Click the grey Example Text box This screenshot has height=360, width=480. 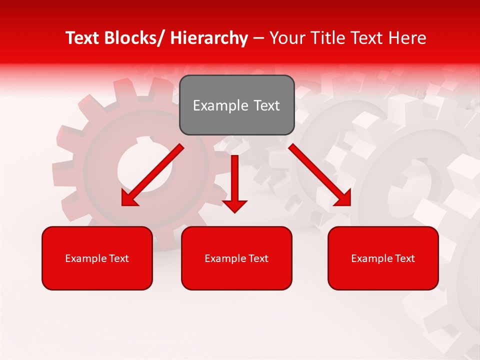pyautogui.click(x=236, y=105)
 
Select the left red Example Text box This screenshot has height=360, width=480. pyautogui.click(x=97, y=258)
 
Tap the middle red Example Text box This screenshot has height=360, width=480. pyautogui.click(x=236, y=258)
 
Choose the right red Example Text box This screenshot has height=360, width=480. pyautogui.click(x=383, y=258)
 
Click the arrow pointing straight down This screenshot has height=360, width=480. pyautogui.click(x=234, y=180)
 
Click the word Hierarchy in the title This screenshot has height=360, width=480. pyautogui.click(x=209, y=38)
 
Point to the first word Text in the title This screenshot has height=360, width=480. pyautogui.click(x=83, y=38)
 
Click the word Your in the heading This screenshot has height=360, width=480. pyautogui.click(x=286, y=38)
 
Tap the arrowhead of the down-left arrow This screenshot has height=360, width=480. pyautogui.click(x=129, y=198)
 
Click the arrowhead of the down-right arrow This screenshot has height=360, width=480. pyautogui.click(x=343, y=198)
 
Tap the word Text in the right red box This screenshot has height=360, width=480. pyautogui.click(x=404, y=258)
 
